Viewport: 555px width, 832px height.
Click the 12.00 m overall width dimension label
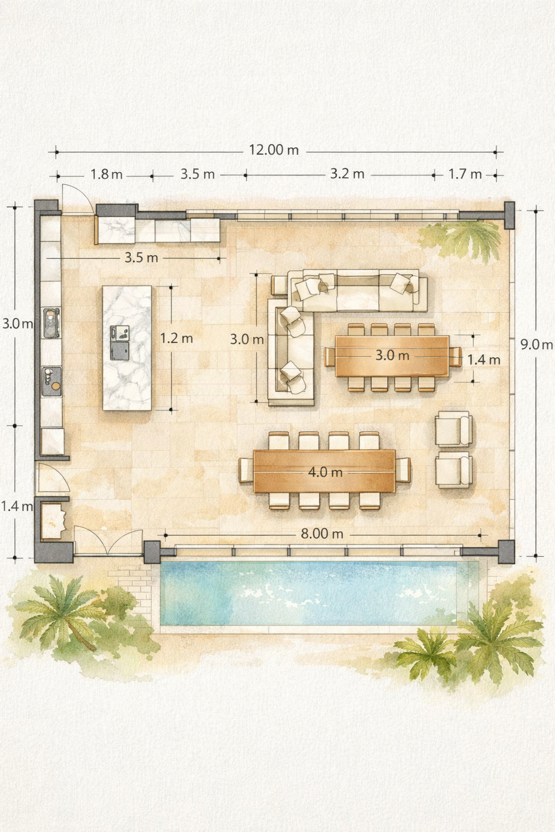[274, 150]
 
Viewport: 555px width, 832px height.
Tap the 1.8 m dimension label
[107, 174]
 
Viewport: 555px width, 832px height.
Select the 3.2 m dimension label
[347, 174]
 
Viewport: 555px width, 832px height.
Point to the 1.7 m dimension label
[465, 174]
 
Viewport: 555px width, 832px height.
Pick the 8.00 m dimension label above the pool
[321, 534]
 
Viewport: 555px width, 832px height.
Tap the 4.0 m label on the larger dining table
[325, 472]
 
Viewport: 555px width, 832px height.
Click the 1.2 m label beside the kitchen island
[177, 338]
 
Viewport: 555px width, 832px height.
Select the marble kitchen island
[127, 348]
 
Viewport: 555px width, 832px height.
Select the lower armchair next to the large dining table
[454, 470]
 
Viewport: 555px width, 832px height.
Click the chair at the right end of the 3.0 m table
[455, 356]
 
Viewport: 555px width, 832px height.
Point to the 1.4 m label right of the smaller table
[483, 360]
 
